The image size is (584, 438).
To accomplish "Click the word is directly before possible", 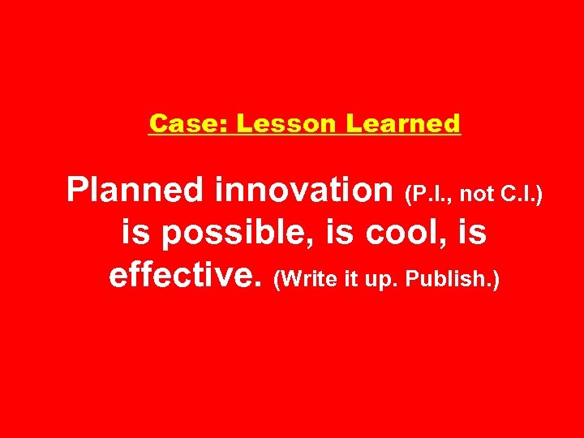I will coord(135,234).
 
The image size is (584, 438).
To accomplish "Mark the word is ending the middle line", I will coord(471,234).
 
